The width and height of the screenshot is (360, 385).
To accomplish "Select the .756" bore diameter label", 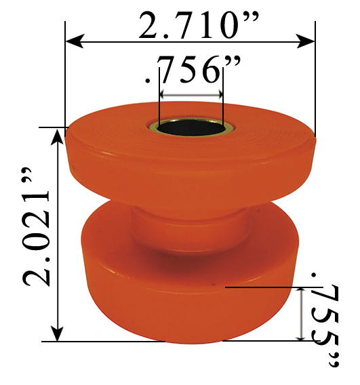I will (191, 70).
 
